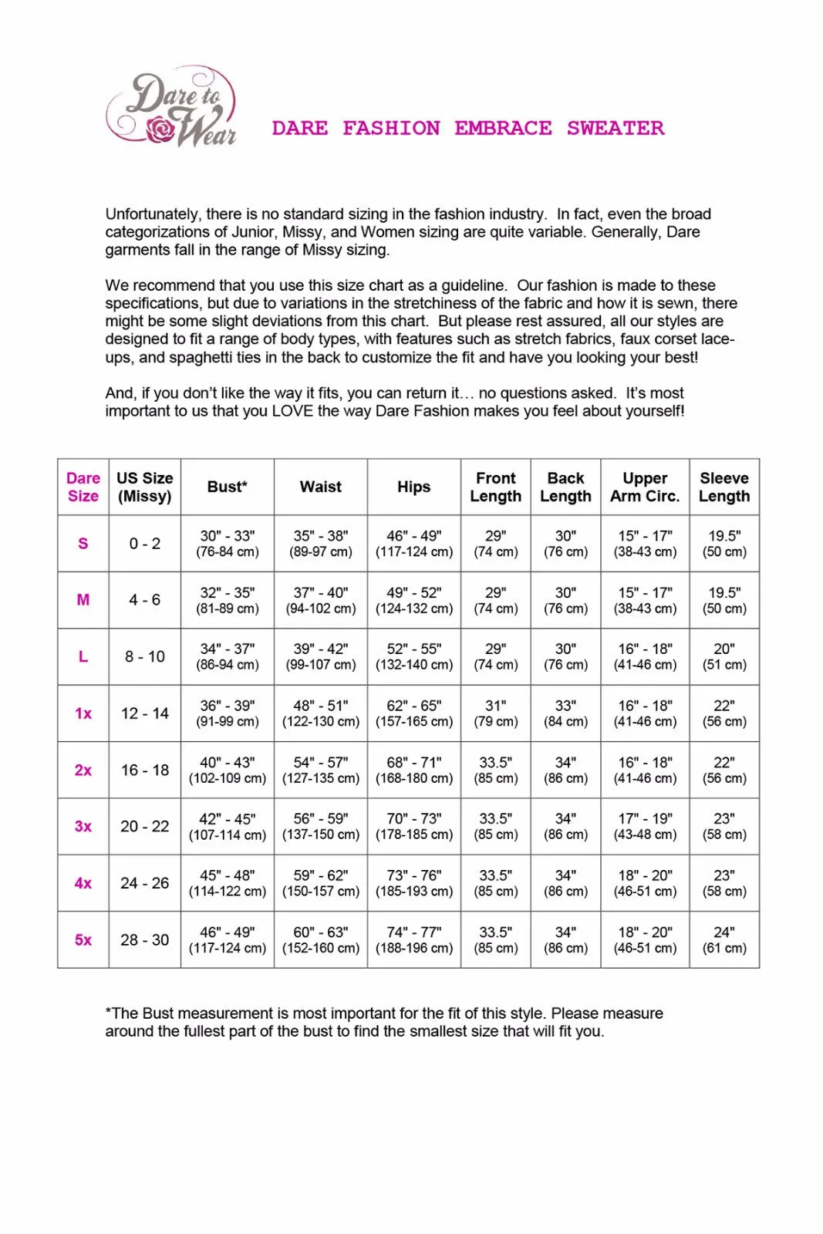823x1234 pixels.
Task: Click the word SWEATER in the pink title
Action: point(616,128)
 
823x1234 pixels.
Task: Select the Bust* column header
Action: point(227,487)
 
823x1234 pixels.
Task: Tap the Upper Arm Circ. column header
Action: point(645,487)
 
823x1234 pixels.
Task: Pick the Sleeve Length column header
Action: point(723,487)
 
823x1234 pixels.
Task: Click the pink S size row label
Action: point(83,544)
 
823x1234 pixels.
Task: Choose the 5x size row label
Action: point(83,940)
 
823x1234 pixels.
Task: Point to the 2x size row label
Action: point(83,770)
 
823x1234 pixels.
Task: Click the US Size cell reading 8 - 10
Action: point(145,656)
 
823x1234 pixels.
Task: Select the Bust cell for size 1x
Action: point(227,713)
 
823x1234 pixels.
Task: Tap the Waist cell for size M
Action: point(321,600)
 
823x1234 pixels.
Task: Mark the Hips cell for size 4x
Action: point(414,883)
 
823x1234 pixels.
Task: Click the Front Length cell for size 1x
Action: point(496,713)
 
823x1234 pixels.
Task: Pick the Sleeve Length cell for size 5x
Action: point(723,940)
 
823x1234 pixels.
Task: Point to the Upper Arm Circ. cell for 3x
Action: point(645,826)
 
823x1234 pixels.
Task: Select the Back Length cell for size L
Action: point(565,656)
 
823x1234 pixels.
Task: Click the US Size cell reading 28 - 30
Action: point(145,940)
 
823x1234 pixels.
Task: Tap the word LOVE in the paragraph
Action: point(294,411)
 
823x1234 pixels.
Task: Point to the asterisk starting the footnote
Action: point(108,1011)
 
